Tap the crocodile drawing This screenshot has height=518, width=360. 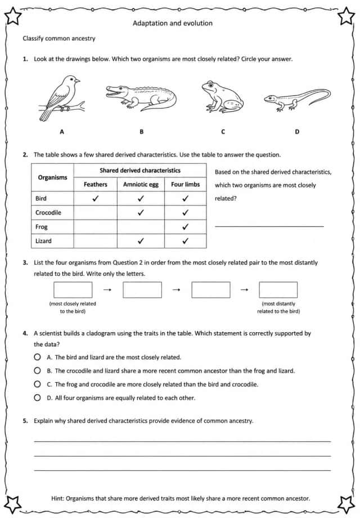141,97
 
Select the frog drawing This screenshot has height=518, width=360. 222,96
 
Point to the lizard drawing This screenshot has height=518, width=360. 297,99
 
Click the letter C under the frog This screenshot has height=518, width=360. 223,132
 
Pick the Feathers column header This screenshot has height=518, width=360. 96,184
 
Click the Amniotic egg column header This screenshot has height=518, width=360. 141,184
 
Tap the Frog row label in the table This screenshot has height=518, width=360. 42,226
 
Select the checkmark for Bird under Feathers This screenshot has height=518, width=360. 96,198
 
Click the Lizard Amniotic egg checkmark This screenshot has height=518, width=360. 141,241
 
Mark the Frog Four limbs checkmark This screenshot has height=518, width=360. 186,226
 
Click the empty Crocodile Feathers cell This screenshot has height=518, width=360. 96,212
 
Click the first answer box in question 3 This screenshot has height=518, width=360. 73,290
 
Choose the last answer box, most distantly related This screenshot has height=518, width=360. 278,290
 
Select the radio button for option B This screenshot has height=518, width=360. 37,370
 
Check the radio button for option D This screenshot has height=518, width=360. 37,398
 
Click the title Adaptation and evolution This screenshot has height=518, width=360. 173,23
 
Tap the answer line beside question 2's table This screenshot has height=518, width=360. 269,226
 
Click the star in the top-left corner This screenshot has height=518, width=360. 12,16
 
